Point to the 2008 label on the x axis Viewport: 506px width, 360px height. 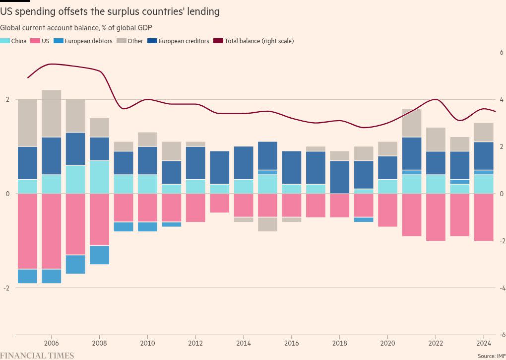tap(99, 343)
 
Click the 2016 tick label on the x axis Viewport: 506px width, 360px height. tap(291, 343)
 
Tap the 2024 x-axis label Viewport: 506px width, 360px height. tap(483, 343)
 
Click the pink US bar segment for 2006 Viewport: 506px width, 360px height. tap(51, 231)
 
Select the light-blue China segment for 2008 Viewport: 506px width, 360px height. tap(99, 177)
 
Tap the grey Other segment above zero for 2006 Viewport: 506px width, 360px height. tap(51, 113)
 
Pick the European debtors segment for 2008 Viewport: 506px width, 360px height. tap(99, 255)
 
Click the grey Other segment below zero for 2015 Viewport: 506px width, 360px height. tap(267, 224)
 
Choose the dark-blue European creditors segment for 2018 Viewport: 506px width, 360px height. tap(339, 177)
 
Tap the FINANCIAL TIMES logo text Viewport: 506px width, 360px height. tap(37, 356)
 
